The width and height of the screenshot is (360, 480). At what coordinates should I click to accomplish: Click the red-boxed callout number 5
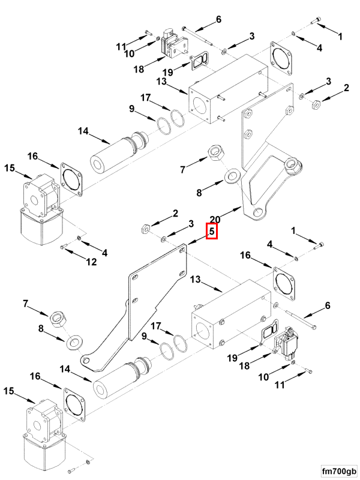click(212, 231)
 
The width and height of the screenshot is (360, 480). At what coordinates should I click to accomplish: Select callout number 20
click(215, 219)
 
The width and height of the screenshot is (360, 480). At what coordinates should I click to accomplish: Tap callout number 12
click(91, 262)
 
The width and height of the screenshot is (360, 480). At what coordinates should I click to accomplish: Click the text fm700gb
click(338, 470)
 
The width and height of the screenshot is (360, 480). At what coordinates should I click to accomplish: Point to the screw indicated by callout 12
click(64, 247)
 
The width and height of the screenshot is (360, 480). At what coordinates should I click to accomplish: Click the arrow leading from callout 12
click(77, 253)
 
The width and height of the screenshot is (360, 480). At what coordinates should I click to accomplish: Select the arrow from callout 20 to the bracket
click(231, 211)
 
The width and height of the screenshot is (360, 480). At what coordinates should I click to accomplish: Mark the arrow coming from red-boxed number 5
click(199, 239)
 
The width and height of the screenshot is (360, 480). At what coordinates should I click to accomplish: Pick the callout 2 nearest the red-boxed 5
click(175, 213)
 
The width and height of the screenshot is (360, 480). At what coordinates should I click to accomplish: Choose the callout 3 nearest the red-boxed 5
click(191, 223)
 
